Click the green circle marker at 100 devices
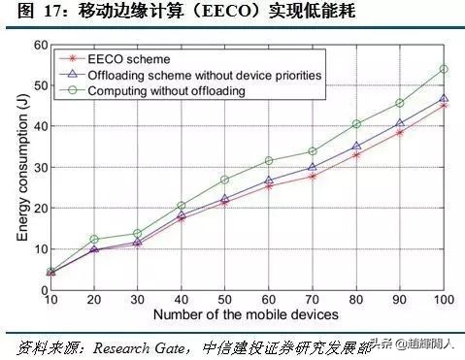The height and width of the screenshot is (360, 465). point(444,70)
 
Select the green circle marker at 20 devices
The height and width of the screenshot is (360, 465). point(94,239)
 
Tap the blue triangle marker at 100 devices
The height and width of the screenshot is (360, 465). point(444,99)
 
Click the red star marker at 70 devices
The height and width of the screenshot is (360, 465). point(312,177)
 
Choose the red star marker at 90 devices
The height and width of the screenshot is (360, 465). point(399,132)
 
